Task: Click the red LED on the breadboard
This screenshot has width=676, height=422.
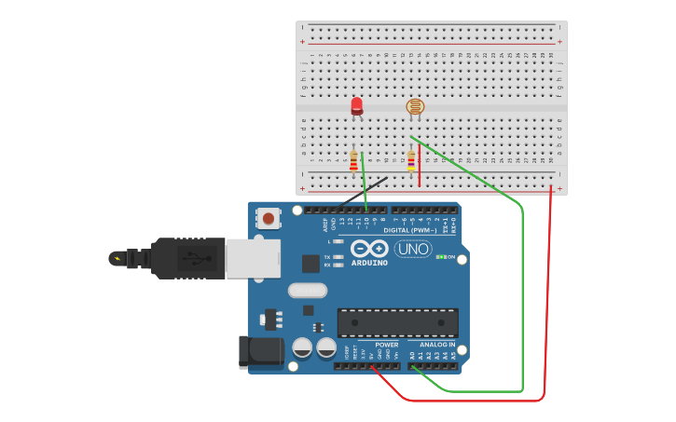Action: coord(357,106)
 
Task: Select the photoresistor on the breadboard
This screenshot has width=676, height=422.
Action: coord(415,107)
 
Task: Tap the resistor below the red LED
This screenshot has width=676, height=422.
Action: coord(353,161)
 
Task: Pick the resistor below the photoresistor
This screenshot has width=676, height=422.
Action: coord(411,161)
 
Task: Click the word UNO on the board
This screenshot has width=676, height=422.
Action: coord(413,249)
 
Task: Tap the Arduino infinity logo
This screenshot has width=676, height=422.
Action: coord(369,249)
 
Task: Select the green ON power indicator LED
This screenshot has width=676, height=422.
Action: coord(440,256)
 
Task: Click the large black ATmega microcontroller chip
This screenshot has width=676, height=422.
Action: coord(397,322)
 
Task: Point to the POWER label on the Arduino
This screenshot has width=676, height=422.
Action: coord(387,345)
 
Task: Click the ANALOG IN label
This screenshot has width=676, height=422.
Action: coord(437,345)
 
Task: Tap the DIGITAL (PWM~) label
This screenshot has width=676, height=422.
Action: coord(410,230)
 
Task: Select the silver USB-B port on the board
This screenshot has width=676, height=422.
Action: coord(253,258)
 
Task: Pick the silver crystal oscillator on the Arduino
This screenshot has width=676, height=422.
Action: coord(308,291)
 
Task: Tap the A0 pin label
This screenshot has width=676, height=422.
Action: coord(412,355)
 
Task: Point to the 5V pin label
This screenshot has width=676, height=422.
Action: coord(372,355)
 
